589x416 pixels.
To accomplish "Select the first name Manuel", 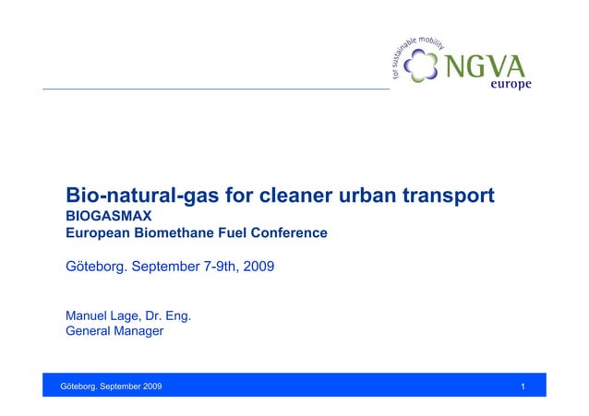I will (89, 315).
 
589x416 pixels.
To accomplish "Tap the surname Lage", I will (135, 315).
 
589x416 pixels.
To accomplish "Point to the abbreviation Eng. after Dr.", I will (177, 315).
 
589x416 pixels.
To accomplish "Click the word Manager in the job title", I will (139, 330).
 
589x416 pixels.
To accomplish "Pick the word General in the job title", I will (90, 330).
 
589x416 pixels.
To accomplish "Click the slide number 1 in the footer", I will (523, 385).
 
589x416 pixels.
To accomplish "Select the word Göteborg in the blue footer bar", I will (78, 385).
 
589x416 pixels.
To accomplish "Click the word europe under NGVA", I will (509, 84).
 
